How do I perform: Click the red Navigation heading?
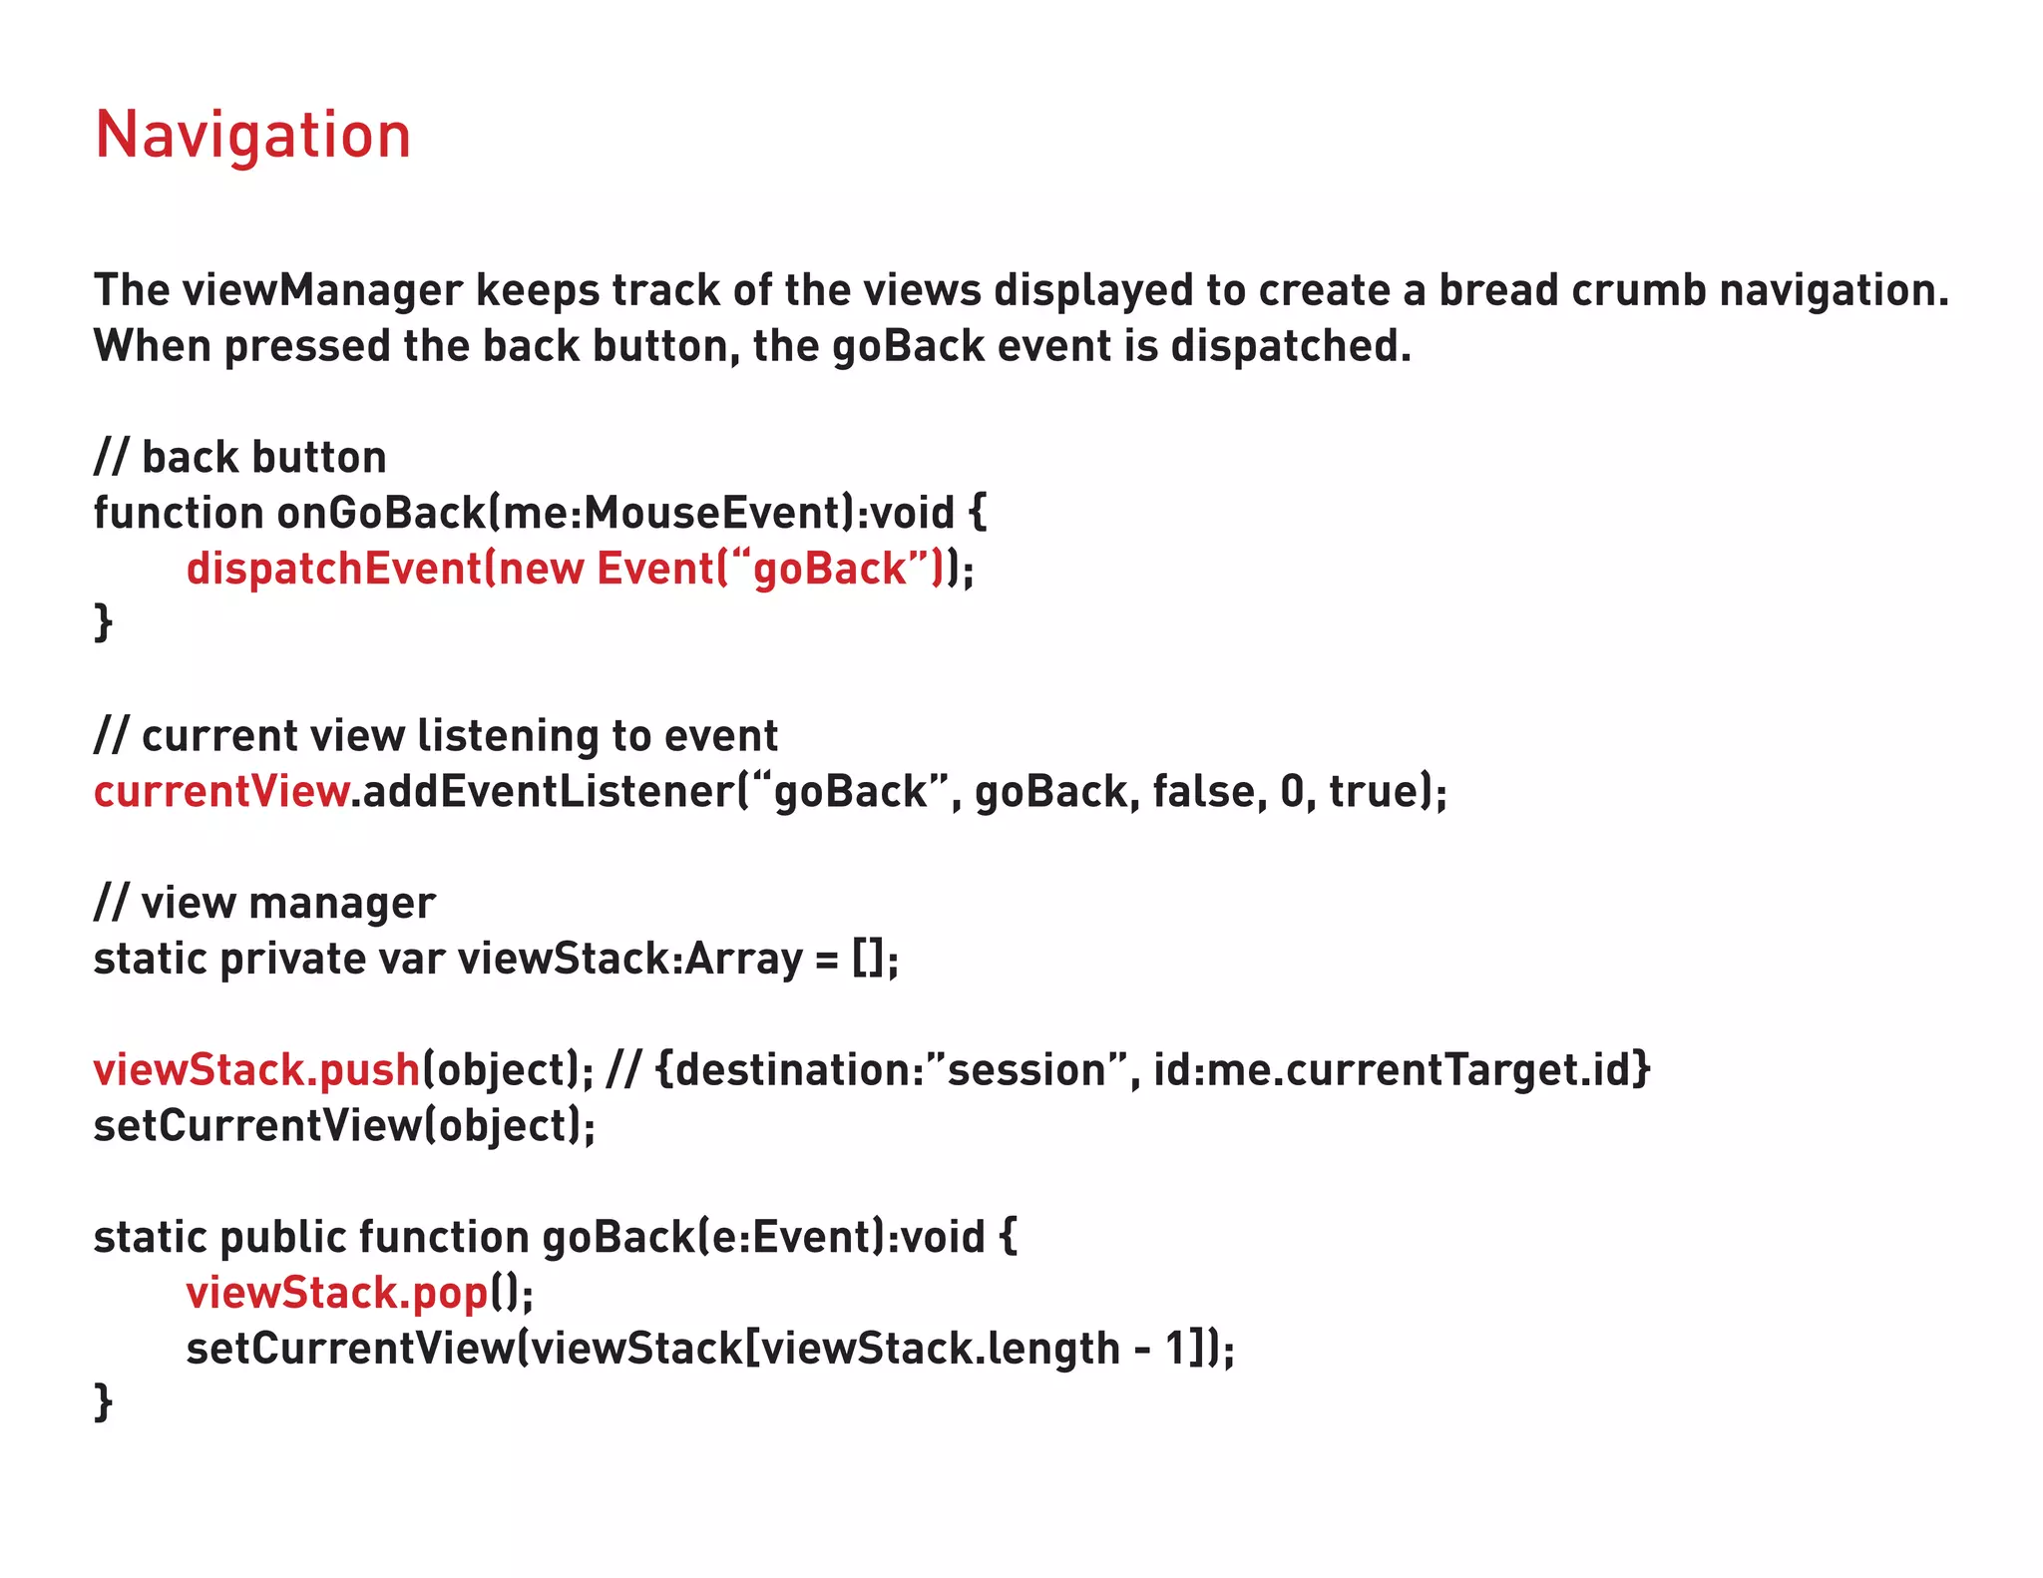(x=252, y=136)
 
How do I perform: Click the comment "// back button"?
(x=239, y=458)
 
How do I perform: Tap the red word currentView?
(x=221, y=792)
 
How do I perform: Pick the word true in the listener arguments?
(x=1373, y=792)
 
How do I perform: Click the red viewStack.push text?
(x=256, y=1070)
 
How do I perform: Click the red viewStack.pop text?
(x=337, y=1294)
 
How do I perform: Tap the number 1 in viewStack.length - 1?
(x=1177, y=1350)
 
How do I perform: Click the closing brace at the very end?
(x=103, y=1402)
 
